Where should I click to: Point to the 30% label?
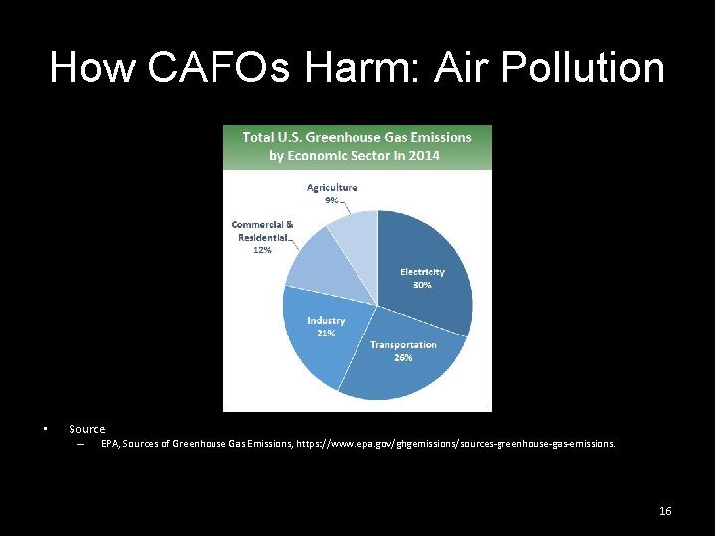pos(422,285)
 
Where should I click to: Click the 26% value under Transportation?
pos(403,357)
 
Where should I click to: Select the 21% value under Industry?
pos(326,334)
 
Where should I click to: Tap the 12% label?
pos(262,251)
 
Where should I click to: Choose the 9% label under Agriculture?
pos(332,200)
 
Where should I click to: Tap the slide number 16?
pos(665,511)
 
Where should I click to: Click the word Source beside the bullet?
pos(86,429)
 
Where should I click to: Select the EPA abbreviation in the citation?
pos(109,444)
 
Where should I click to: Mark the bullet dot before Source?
pos(46,429)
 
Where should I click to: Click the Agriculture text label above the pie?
pos(332,187)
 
